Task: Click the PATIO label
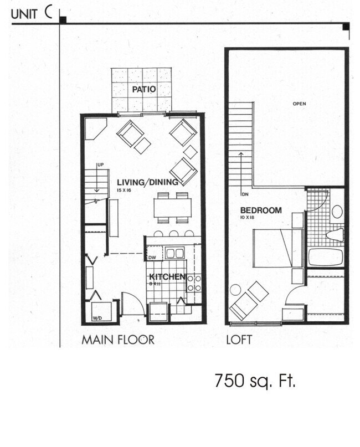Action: click(143, 89)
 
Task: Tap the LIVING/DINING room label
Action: click(147, 182)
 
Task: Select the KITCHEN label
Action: click(166, 276)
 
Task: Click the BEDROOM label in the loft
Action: click(261, 210)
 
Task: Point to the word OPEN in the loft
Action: click(300, 104)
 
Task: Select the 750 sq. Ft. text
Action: click(255, 381)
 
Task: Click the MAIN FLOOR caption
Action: click(118, 339)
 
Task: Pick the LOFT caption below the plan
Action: click(240, 339)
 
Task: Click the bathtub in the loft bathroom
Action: click(326, 257)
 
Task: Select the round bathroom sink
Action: click(337, 211)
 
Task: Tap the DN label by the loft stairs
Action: click(244, 194)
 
